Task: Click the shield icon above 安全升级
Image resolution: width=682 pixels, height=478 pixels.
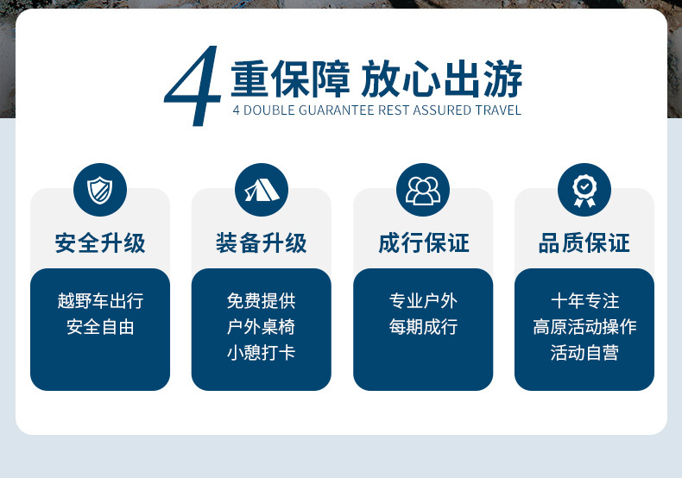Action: point(100,190)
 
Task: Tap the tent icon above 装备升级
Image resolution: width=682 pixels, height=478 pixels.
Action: point(262,190)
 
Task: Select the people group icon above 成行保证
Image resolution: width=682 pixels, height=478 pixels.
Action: point(423,190)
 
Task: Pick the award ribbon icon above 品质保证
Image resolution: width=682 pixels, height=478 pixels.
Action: point(584,190)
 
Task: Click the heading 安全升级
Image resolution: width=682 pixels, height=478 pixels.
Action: point(100,243)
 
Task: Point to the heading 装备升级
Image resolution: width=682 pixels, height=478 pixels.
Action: point(262,243)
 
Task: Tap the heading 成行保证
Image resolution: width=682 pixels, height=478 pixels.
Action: point(423,243)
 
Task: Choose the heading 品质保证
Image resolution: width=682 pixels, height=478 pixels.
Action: point(584,243)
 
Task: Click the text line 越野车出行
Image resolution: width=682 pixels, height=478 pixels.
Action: point(100,301)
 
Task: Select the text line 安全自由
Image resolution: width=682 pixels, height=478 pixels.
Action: point(100,327)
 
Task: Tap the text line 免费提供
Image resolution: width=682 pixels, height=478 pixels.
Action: point(262,301)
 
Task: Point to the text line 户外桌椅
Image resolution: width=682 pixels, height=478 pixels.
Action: point(262,327)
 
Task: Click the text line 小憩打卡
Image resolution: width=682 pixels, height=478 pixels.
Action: point(262,352)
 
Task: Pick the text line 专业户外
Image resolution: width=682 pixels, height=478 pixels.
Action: point(423,301)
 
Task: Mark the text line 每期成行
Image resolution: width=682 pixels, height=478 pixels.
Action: point(423,327)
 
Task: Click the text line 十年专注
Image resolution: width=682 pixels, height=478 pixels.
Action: point(584,301)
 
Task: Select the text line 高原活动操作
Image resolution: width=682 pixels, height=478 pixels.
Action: point(584,327)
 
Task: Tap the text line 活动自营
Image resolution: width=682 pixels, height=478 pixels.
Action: point(584,352)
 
